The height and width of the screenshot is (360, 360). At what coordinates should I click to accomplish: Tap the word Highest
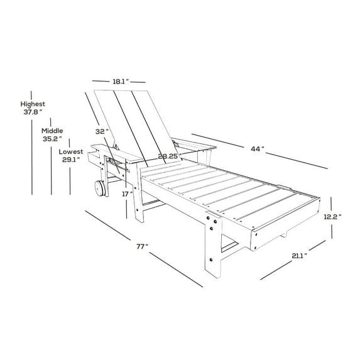click(32, 104)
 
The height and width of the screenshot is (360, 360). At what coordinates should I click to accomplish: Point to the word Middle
click(52, 131)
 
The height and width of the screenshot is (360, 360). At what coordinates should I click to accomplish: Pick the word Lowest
click(70, 152)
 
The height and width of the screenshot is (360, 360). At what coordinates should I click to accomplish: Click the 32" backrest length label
click(102, 132)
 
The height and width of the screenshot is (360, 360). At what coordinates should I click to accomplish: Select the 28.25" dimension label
click(170, 156)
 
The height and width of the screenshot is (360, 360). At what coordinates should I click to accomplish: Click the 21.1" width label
click(298, 256)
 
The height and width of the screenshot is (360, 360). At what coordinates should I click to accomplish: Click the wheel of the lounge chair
click(99, 189)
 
